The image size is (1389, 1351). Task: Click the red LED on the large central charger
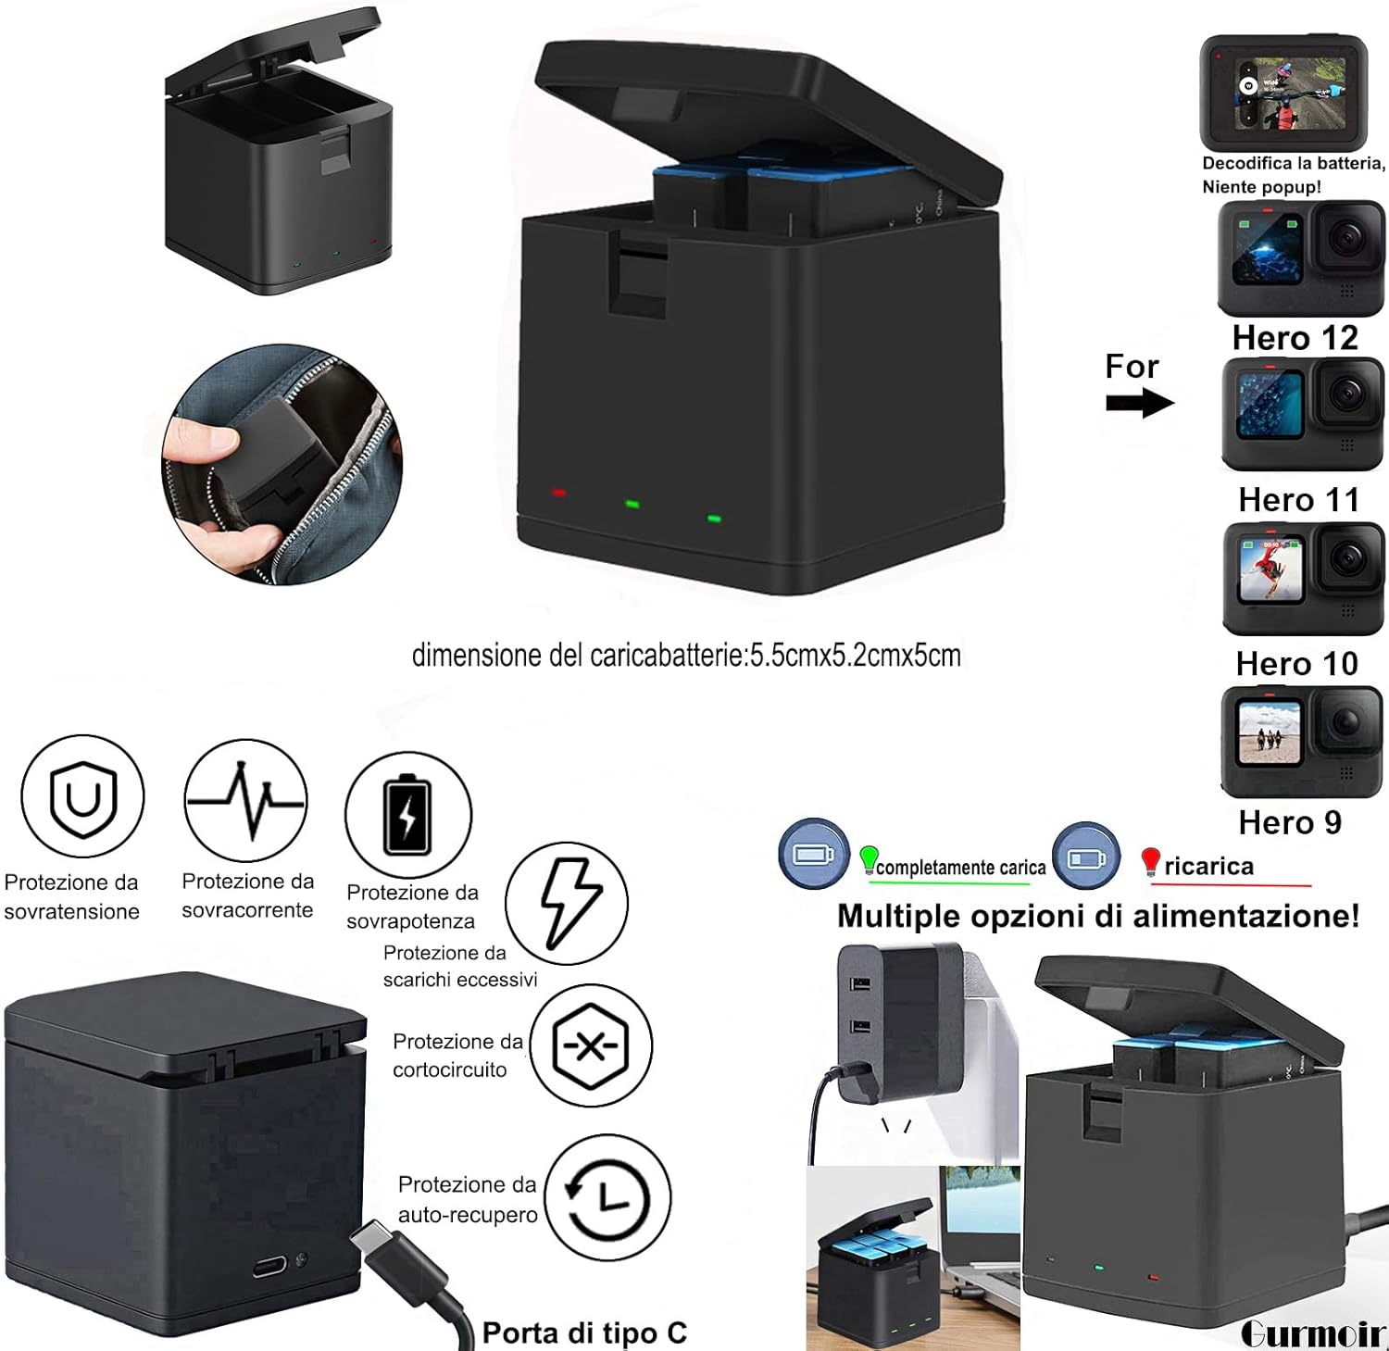(x=558, y=493)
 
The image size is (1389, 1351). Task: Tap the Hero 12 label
(x=1295, y=338)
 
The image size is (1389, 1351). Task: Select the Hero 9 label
(x=1289, y=822)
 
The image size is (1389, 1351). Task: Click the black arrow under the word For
(x=1139, y=403)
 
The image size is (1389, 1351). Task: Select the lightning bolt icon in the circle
(x=567, y=903)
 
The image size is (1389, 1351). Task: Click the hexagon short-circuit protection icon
(x=590, y=1045)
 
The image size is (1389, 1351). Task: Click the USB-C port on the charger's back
(x=269, y=1264)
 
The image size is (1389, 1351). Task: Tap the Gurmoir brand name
(x=1312, y=1333)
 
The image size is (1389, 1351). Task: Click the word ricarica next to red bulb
(x=1208, y=867)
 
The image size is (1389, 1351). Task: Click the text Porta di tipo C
(x=584, y=1332)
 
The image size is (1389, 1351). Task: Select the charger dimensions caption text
(x=686, y=656)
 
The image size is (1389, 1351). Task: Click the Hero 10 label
(x=1296, y=664)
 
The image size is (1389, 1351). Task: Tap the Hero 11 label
(x=1298, y=500)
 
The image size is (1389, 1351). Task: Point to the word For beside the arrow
(x=1131, y=367)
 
